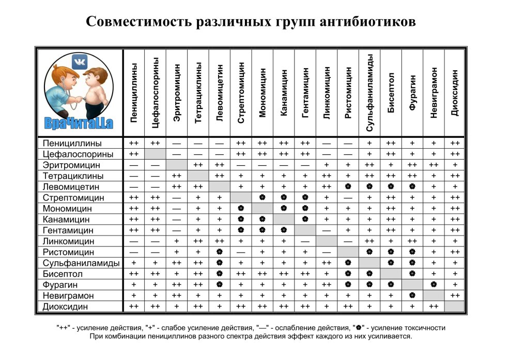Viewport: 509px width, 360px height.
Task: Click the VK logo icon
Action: coord(79,61)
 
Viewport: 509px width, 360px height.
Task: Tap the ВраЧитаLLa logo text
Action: coord(79,122)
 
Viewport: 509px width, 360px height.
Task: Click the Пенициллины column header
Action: coord(134,93)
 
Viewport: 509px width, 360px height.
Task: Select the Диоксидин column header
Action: coord(455,93)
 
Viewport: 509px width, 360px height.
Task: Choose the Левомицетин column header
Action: coord(220,93)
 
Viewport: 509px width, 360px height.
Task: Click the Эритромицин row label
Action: coord(71,165)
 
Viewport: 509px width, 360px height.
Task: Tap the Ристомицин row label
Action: coord(68,252)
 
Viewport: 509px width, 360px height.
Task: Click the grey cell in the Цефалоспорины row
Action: coord(156,154)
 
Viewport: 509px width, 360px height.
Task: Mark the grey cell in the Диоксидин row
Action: coord(455,306)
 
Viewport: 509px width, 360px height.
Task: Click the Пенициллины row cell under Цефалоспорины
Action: coord(156,143)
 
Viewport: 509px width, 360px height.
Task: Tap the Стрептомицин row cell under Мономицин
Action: coord(263,198)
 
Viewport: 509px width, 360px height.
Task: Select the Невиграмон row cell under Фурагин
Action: coord(412,295)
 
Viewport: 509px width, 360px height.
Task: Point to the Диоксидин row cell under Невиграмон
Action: coord(434,306)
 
